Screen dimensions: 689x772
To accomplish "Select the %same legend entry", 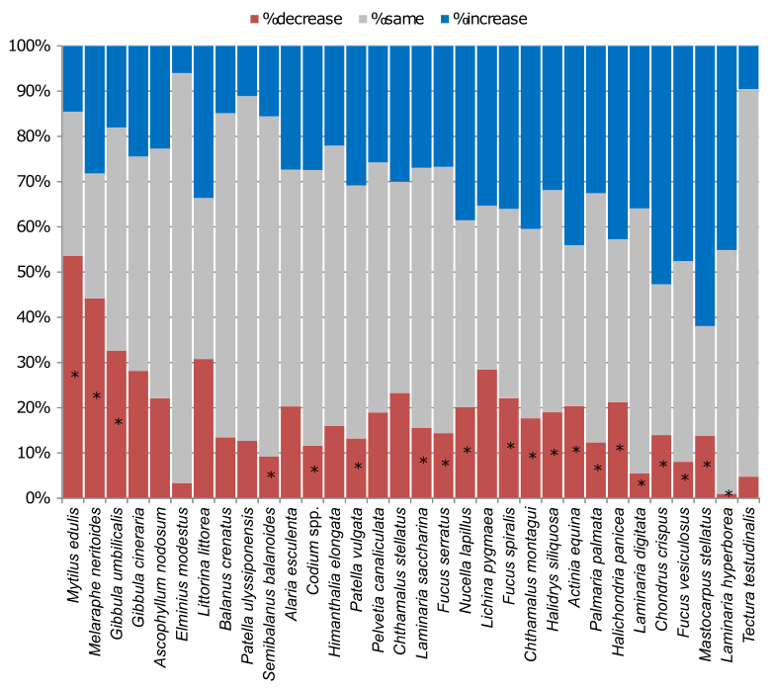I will (x=399, y=19).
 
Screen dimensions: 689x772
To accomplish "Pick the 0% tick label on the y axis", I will (x=32, y=498).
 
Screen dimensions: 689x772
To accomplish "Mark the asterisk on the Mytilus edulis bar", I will (x=74, y=376).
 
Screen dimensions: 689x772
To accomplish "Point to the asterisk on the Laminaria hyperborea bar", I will (x=728, y=493).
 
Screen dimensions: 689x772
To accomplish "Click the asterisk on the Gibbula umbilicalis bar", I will (x=118, y=422).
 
